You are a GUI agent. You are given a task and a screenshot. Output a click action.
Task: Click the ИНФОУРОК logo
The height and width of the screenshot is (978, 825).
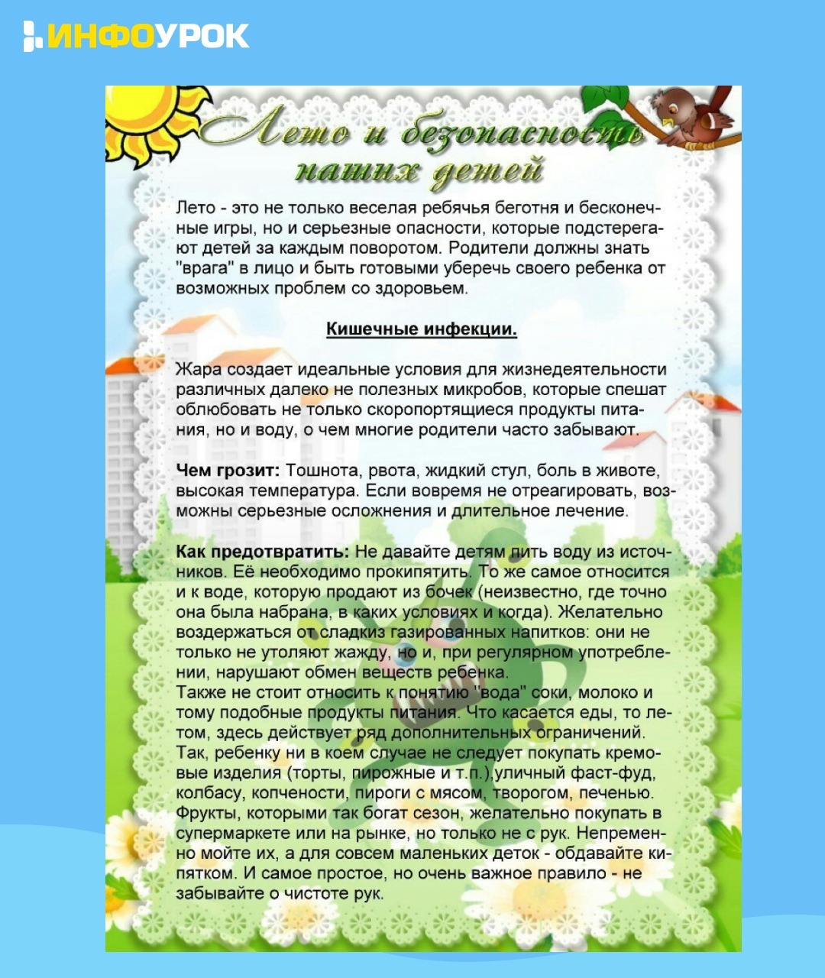[136, 36]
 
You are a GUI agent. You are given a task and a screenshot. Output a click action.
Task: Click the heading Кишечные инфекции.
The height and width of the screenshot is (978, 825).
[422, 329]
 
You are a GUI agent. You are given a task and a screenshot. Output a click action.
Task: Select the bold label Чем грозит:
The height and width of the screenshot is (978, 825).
[228, 471]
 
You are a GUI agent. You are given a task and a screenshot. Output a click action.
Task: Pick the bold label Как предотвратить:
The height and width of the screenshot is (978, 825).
[262, 552]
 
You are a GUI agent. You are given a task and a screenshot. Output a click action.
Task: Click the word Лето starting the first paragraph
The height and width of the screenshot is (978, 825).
[195, 208]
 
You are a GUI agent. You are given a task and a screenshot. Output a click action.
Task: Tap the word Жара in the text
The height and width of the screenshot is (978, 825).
[199, 370]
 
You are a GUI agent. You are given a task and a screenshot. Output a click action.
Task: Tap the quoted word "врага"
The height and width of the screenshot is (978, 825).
[201, 268]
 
